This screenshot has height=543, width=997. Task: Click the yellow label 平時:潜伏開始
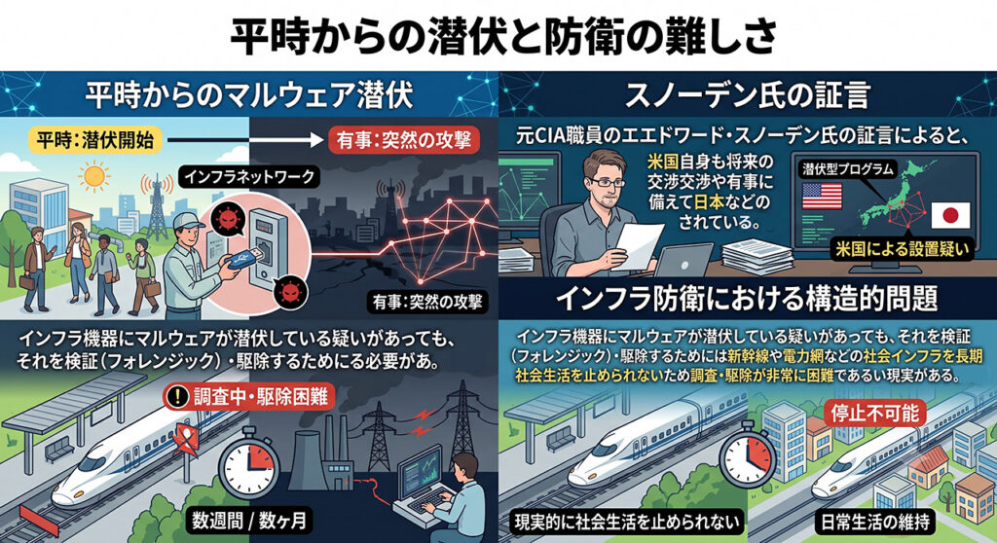coord(95,140)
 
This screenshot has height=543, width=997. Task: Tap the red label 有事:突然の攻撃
coord(404,140)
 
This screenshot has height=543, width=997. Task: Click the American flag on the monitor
coord(822,196)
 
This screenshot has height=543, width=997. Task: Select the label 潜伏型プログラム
coord(848,169)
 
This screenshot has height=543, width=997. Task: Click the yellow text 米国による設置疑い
coord(902,249)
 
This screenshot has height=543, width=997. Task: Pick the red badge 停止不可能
coord(875,414)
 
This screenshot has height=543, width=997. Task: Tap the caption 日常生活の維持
coord(875,522)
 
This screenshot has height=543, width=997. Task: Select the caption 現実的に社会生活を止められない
coord(627,522)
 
